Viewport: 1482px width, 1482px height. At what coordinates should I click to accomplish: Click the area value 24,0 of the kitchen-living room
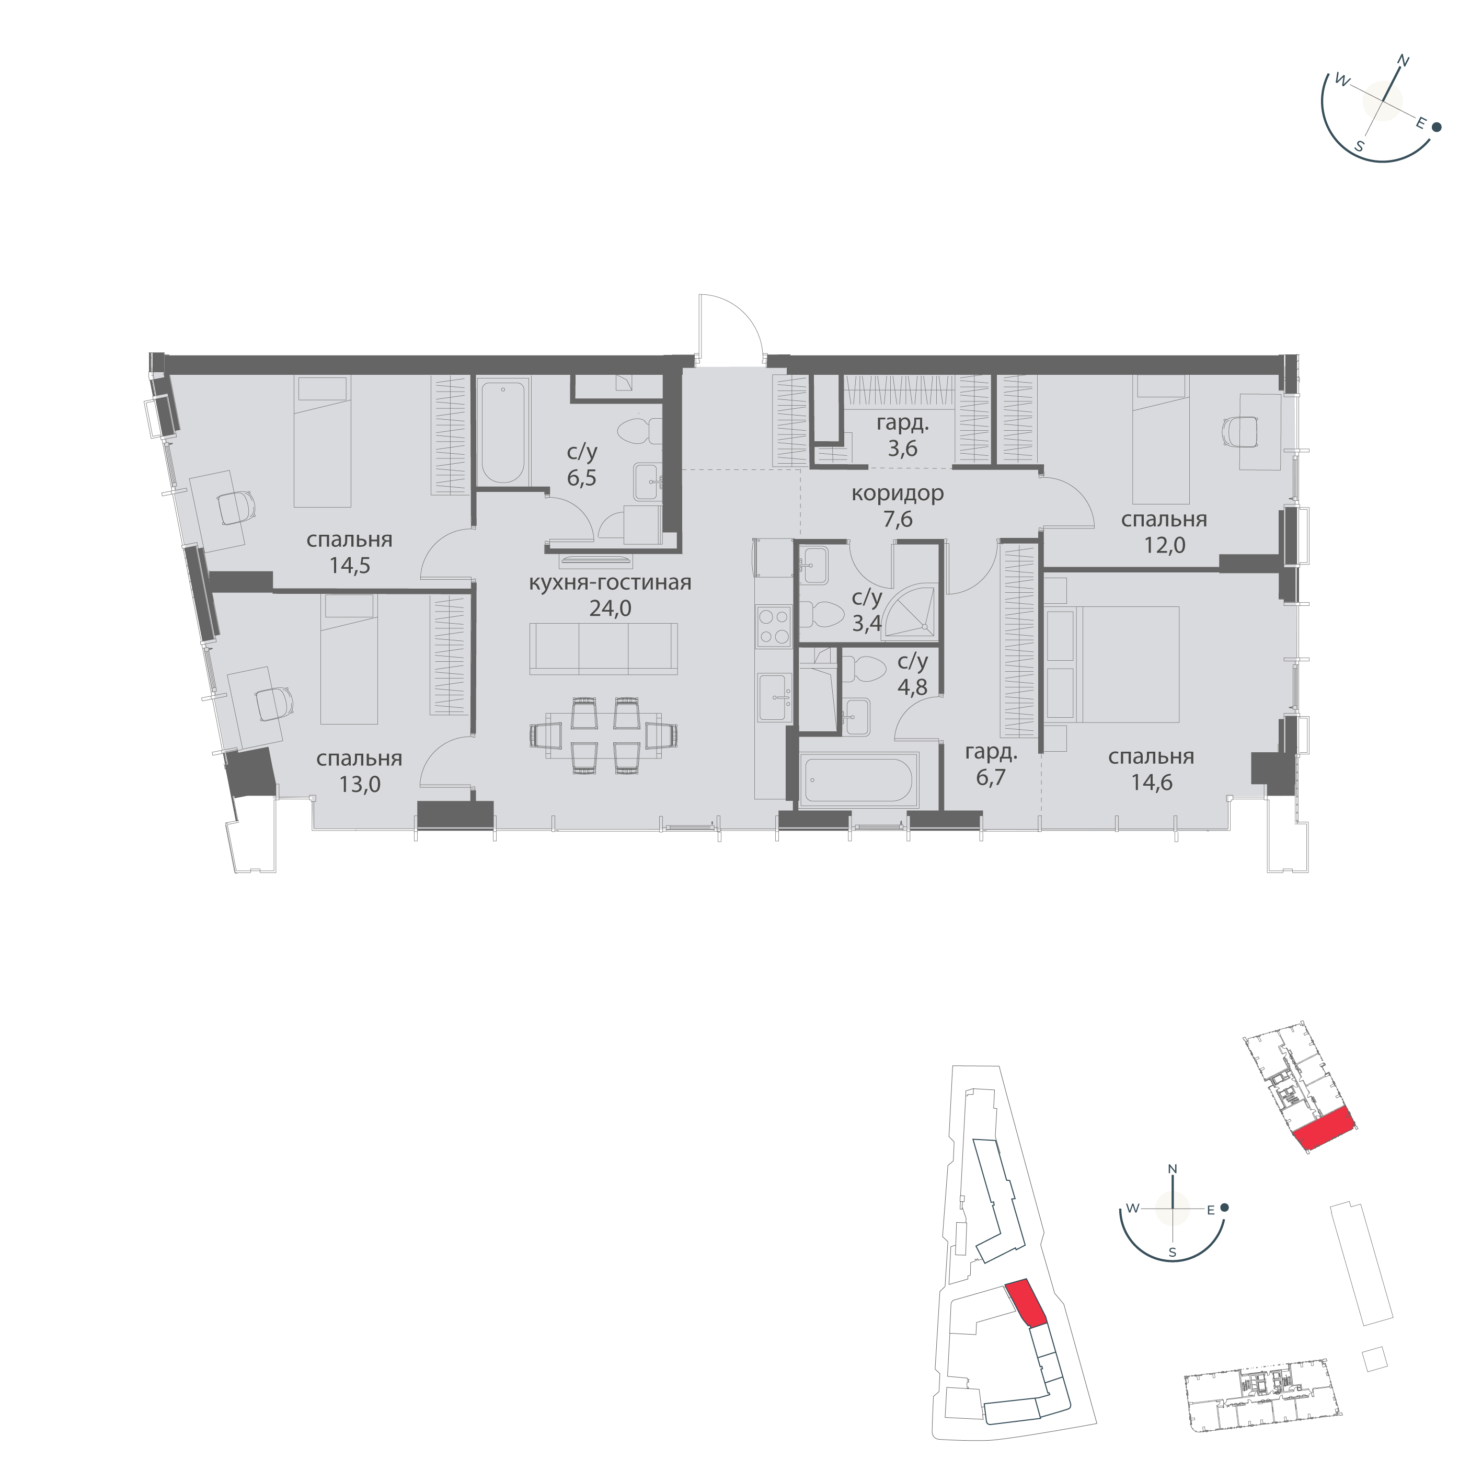(610, 608)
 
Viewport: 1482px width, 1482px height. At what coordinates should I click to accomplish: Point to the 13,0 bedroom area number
(360, 784)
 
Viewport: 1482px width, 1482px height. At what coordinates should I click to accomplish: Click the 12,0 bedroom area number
(1164, 545)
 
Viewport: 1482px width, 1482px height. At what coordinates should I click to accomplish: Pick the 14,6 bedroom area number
(1151, 783)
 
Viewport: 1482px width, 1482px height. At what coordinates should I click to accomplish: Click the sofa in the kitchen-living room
(603, 648)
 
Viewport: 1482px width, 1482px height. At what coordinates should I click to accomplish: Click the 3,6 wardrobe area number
(902, 448)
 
